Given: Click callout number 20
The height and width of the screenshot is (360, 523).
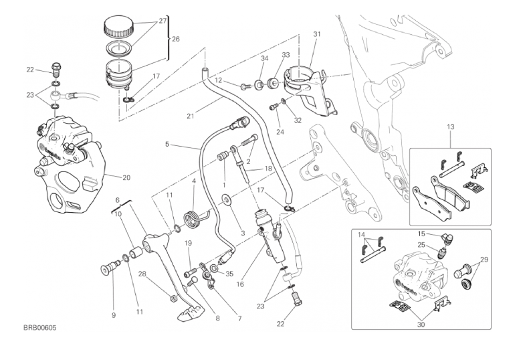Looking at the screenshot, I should tap(126, 177).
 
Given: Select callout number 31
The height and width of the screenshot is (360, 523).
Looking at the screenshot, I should tap(316, 34).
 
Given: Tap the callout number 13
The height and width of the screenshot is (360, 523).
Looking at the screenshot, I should tap(450, 126).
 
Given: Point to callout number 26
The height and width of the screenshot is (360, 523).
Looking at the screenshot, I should tap(176, 39).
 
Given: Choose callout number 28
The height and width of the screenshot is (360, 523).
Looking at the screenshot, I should tap(142, 274).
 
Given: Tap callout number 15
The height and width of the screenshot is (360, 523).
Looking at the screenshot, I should tap(422, 234).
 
